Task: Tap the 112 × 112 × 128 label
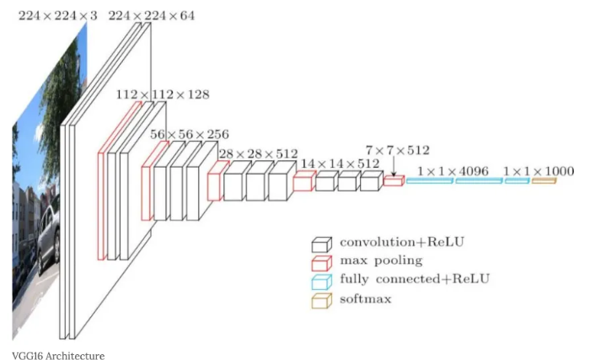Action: tap(163, 95)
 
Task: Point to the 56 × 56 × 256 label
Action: tap(189, 134)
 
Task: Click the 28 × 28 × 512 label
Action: tap(258, 154)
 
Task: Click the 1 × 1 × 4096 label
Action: tap(453, 171)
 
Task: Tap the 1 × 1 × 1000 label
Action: tap(539, 171)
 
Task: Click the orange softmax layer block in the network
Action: tap(544, 180)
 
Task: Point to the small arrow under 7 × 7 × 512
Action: tap(393, 167)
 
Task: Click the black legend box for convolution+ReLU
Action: tap(321, 244)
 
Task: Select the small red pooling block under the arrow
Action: tap(393, 180)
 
